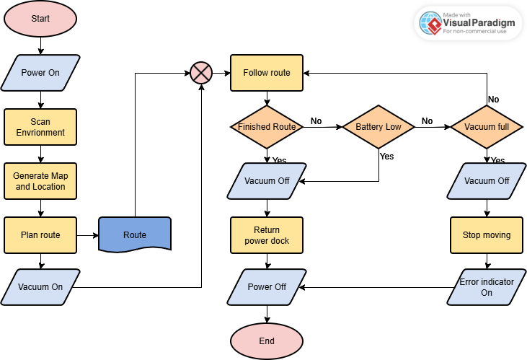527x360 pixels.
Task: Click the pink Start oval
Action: pos(40,19)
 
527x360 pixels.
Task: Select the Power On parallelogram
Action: pos(40,73)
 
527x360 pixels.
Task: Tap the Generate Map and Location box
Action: pos(40,181)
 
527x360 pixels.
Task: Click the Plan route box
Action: pos(40,234)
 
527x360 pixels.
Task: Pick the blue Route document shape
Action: pos(135,234)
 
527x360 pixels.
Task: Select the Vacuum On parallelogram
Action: pos(40,287)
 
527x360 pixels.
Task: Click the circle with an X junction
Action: pos(200,73)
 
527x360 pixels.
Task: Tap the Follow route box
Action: pos(267,73)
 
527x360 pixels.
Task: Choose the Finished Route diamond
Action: pos(267,127)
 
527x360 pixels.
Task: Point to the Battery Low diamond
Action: pos(378,127)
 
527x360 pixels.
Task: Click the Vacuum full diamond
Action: pos(487,127)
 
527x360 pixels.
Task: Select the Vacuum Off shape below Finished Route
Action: pos(267,181)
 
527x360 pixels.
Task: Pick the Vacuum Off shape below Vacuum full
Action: pos(487,181)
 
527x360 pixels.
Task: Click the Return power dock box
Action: pos(267,234)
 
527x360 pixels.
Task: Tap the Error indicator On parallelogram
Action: pos(487,287)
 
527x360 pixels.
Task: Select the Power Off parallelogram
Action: pos(267,287)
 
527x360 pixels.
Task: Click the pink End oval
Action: pos(267,341)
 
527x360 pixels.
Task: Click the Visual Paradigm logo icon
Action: pos(432,23)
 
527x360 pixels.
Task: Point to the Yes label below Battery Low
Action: pos(386,156)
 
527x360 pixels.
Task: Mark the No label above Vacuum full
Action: pos(493,100)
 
